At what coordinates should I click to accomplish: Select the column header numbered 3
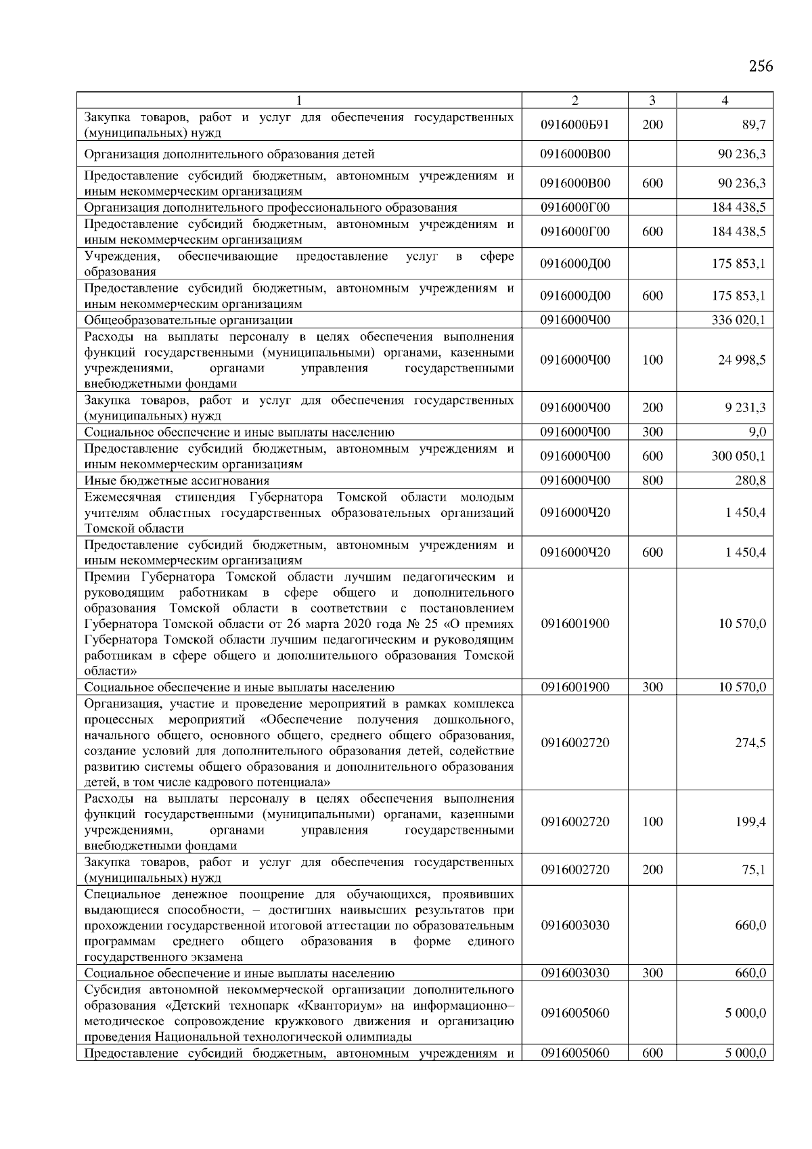pos(652,100)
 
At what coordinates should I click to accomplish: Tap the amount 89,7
pos(753,125)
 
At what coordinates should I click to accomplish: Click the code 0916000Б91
pos(575,125)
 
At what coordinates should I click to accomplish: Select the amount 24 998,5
pos(742,360)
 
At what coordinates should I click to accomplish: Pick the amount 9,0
pos(757,432)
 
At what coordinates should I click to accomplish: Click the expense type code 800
pos(652,480)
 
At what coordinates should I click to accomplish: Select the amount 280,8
pos(750,480)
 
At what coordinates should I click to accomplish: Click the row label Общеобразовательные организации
pos(188,320)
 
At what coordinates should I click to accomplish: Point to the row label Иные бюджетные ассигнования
pos(177,480)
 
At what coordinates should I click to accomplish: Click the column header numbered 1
pos(299,100)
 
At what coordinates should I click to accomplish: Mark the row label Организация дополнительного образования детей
pos(229,154)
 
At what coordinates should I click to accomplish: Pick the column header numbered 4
pos(725,100)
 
